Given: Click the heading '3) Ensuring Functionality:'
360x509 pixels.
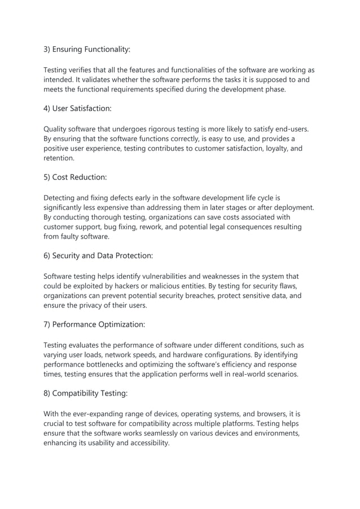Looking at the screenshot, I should (x=87, y=50).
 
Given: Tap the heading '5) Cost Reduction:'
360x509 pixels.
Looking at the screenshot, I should (x=75, y=177).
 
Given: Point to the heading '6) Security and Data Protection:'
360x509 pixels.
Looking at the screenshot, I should (x=98, y=256).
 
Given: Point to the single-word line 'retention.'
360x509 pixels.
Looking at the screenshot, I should (x=59, y=158).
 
